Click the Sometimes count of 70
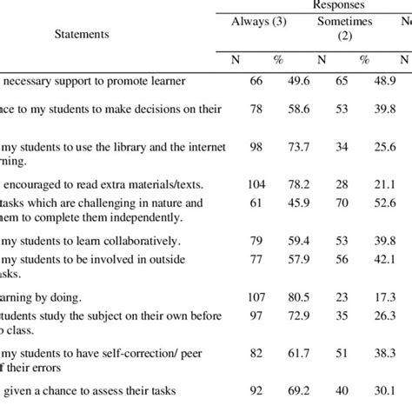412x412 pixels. (x=342, y=203)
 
